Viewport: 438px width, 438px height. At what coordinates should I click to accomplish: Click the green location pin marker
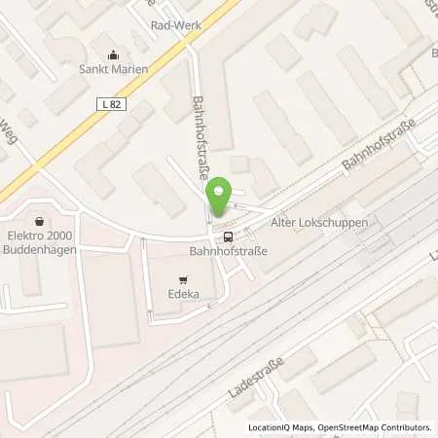[221, 198]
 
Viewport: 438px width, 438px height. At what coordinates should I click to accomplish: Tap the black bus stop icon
[228, 236]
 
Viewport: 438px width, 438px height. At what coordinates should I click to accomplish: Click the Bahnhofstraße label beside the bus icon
[228, 251]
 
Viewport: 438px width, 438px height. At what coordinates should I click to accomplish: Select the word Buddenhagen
[39, 247]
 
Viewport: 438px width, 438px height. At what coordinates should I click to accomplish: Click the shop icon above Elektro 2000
[39, 221]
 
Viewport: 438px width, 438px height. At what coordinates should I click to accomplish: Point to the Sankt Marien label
[113, 69]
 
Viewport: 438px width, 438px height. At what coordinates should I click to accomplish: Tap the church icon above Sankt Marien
[113, 55]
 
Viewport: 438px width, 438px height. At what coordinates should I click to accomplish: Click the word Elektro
[24, 235]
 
